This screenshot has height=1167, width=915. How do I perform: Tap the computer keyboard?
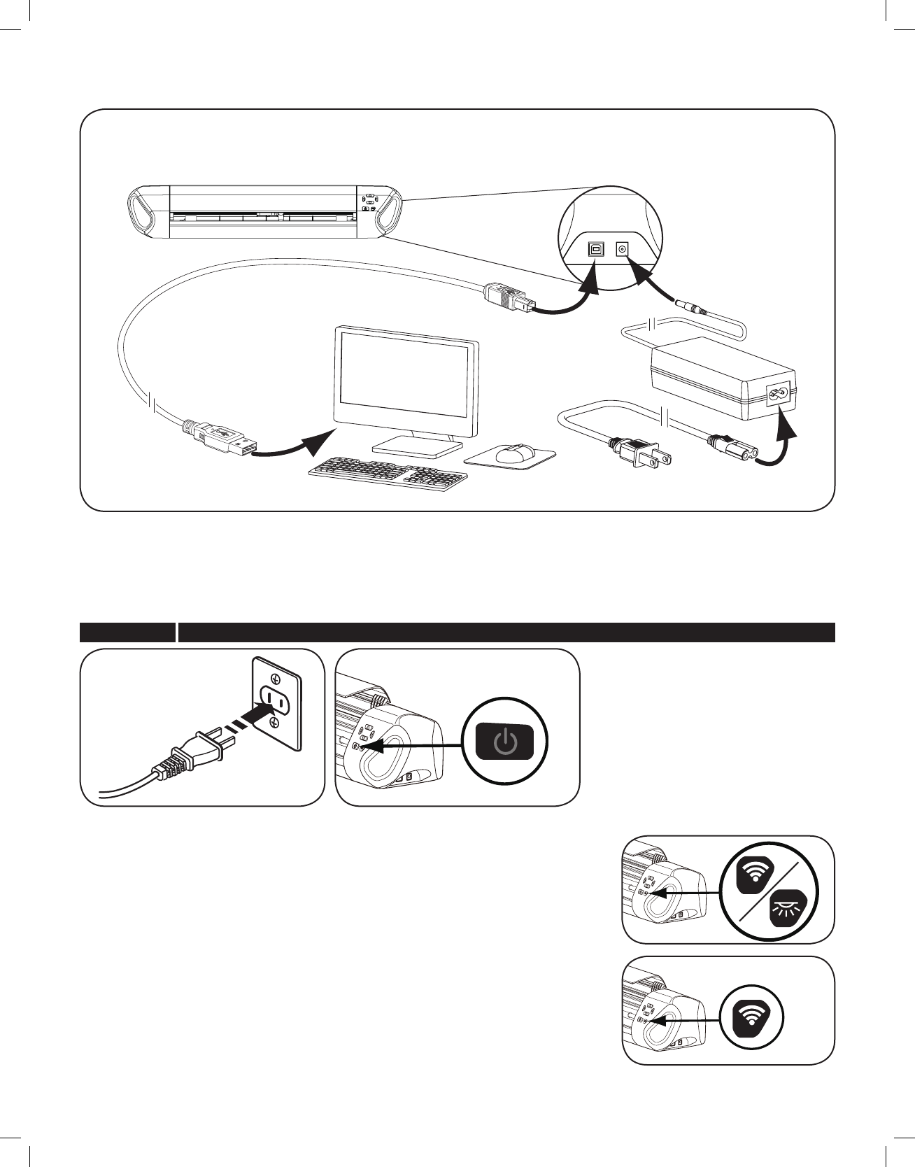click(389, 473)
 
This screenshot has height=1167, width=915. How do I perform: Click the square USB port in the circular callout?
click(595, 248)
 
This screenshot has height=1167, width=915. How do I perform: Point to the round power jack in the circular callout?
click(620, 248)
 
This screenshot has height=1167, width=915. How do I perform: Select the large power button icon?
click(504, 741)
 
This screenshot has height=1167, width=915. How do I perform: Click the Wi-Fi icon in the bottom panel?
click(752, 1019)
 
